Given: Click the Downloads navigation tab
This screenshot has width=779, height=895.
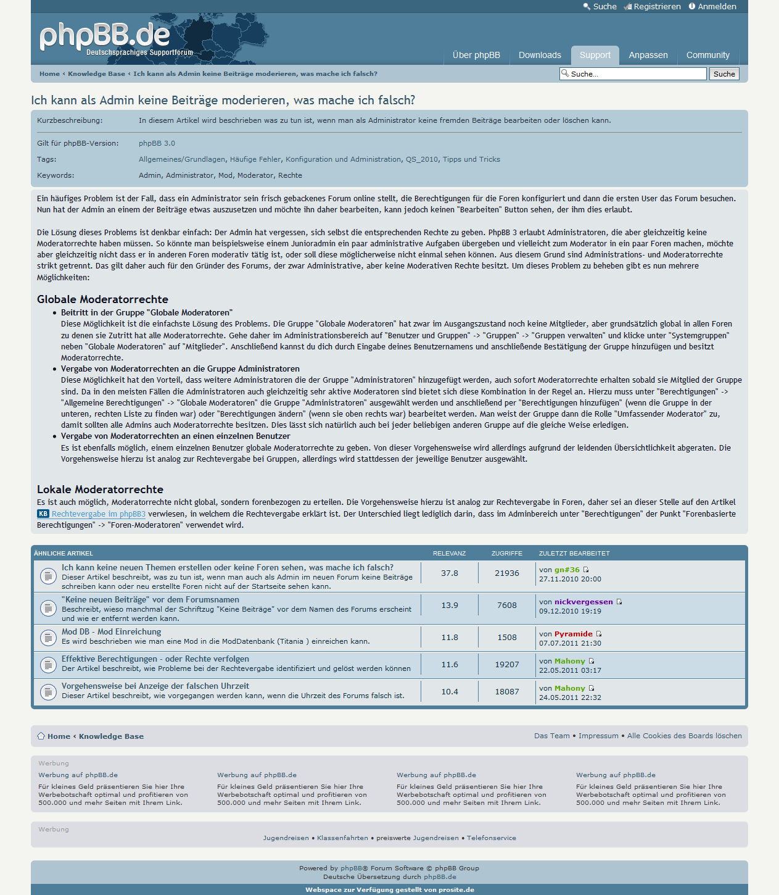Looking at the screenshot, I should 540,55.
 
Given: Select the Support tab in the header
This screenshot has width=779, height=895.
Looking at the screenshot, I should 595,55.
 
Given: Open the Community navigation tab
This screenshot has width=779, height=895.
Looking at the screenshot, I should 707,55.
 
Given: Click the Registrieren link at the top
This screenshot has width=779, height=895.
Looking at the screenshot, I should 657,7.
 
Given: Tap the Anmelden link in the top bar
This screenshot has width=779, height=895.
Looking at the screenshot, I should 717,7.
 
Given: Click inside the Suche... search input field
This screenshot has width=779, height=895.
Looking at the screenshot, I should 635,74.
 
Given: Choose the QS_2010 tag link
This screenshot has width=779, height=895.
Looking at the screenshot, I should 422,159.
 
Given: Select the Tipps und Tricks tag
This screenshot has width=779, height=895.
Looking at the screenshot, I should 471,159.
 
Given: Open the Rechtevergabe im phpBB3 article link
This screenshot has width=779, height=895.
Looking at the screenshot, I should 98,514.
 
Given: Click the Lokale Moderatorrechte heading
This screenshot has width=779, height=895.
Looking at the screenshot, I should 100,489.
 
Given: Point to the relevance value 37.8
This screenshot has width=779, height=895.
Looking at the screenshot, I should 450,573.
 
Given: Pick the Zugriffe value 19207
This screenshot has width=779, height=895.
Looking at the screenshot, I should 507,665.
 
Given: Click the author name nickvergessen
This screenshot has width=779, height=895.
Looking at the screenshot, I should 583,602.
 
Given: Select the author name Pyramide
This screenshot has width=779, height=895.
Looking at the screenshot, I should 573,634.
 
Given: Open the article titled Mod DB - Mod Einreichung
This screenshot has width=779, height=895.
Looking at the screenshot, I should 111,632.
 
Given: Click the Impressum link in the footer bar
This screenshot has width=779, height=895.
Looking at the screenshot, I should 598,736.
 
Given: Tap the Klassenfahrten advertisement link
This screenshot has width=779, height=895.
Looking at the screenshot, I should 342,838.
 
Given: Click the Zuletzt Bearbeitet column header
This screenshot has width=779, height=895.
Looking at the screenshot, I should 574,554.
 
